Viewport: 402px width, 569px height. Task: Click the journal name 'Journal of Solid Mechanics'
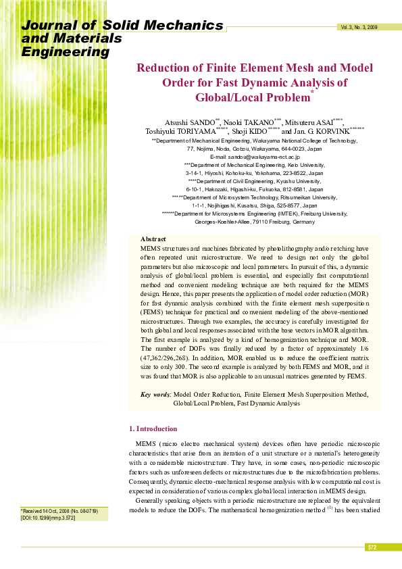[x=122, y=26]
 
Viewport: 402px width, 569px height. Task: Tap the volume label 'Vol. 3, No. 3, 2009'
[x=359, y=27]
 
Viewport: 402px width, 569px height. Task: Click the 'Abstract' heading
[x=153, y=239]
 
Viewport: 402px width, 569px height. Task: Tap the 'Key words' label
[x=155, y=394]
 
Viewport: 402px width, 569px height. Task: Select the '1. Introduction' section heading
[x=153, y=428]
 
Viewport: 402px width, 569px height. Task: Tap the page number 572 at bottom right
[x=372, y=547]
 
